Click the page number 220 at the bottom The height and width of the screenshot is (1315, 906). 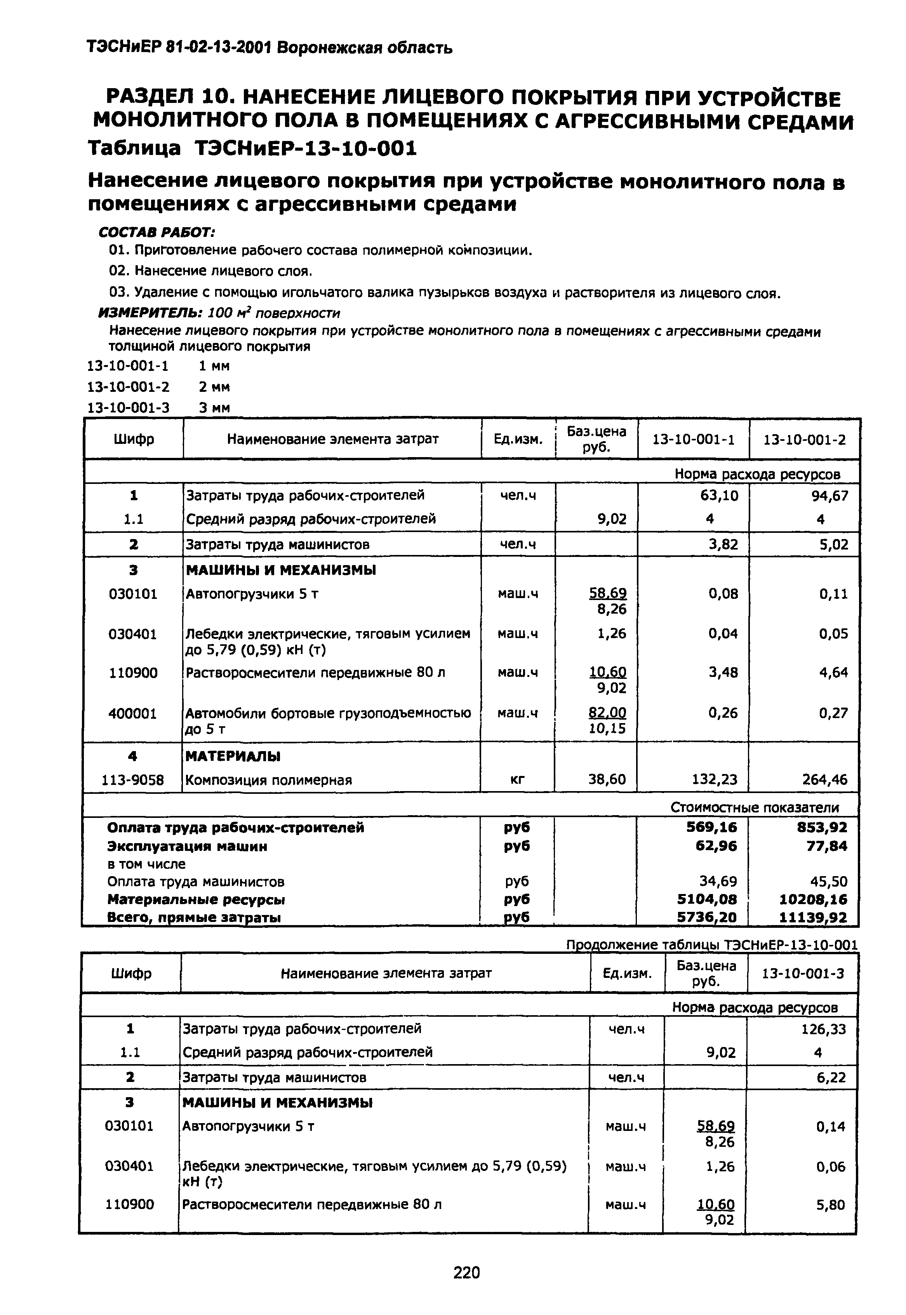pos(466,1273)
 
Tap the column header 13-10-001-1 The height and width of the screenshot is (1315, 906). pos(693,439)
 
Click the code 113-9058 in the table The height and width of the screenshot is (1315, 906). pos(133,780)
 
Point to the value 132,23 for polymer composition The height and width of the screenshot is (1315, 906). pos(715,780)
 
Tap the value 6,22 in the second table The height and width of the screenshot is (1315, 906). pos(831,1078)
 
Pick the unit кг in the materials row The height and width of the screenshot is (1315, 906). pos(517,780)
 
